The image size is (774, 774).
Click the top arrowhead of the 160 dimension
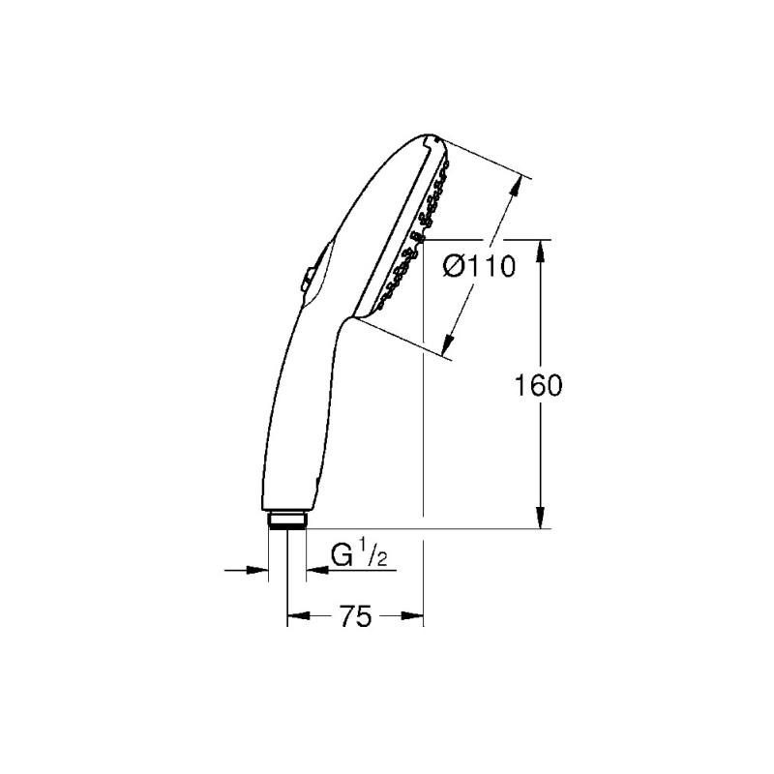(540, 250)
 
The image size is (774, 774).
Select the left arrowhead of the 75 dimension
(295, 615)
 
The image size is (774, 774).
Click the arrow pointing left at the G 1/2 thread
(313, 570)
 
